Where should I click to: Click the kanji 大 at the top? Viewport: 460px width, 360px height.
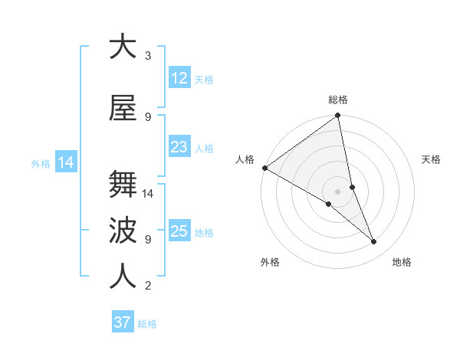coord(123,47)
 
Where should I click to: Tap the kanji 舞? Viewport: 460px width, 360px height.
coord(123,185)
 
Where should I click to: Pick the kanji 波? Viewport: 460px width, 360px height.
coord(123,231)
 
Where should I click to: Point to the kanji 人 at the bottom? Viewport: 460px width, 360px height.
coord(123,277)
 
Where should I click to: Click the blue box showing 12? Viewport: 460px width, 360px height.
coord(179,78)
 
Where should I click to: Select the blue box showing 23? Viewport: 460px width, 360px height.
coord(179,147)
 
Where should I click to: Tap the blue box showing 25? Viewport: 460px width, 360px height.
coord(179,231)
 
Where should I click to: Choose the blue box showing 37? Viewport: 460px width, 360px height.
coord(123,322)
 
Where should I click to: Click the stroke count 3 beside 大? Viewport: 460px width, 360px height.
coord(148,56)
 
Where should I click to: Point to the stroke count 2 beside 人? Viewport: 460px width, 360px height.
coord(148,286)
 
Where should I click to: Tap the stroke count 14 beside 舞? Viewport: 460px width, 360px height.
coord(149,194)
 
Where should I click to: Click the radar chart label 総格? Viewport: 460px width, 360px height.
coord(338,100)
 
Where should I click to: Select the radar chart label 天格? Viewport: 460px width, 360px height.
coord(432,159)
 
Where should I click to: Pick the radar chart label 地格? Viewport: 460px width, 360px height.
coord(402,262)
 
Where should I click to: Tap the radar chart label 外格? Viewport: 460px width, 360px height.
coord(270,262)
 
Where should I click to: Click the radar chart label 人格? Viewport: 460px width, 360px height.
coord(245,159)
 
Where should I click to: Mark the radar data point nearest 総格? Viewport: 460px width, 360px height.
coord(338,116)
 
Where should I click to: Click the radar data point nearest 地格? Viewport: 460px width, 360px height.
coord(374,242)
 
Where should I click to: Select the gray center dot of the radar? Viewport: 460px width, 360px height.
coord(337,191)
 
